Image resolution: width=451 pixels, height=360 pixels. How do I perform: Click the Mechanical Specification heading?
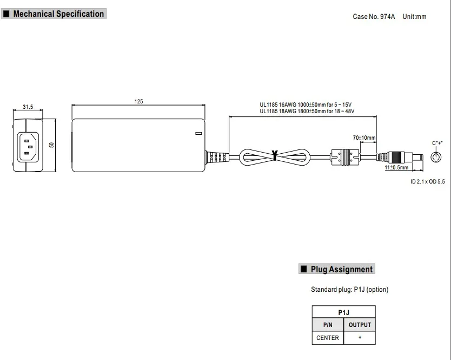click(x=58, y=14)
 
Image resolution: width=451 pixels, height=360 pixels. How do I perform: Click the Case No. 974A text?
click(x=374, y=17)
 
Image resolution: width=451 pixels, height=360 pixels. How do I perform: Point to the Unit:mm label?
click(x=414, y=17)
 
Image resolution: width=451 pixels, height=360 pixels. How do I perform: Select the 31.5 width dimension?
click(x=28, y=107)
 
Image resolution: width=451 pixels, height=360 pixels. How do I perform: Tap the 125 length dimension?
click(x=138, y=101)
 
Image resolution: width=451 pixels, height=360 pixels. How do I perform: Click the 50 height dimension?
click(x=51, y=145)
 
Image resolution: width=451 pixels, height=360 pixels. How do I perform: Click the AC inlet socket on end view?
click(x=28, y=147)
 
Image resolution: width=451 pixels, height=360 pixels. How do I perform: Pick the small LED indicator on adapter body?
click(x=198, y=133)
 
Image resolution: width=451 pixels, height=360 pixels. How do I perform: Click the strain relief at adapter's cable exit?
click(x=217, y=158)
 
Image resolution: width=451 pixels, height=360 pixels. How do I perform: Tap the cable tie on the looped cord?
click(x=275, y=155)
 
